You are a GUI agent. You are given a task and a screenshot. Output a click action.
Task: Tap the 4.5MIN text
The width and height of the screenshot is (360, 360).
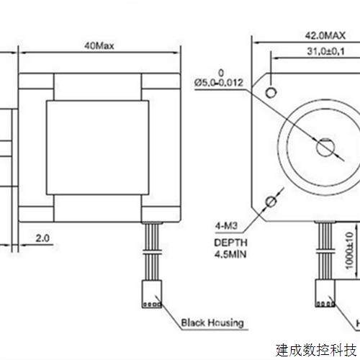tap(230, 255)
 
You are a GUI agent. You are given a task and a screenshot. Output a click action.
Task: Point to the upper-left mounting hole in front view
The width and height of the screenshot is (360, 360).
tap(271, 93)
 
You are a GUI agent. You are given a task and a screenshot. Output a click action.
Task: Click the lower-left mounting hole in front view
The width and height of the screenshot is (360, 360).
tap(271, 201)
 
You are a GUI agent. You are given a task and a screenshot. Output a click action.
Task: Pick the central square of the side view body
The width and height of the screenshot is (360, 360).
tap(99, 148)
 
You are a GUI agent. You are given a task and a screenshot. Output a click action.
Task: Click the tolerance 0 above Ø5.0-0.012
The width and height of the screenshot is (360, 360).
tap(222, 72)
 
